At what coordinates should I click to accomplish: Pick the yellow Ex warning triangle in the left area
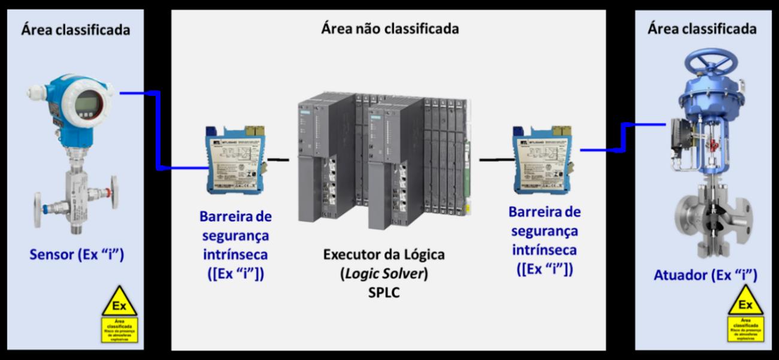pyautogui.click(x=119, y=302)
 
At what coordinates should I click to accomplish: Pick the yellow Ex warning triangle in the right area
pyautogui.click(x=745, y=301)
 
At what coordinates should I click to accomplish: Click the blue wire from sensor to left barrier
pyautogui.click(x=157, y=132)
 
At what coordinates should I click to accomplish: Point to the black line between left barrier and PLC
pyautogui.click(x=278, y=160)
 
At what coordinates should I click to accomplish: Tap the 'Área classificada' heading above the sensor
pyautogui.click(x=75, y=30)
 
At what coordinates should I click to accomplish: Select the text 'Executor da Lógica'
pyautogui.click(x=384, y=254)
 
